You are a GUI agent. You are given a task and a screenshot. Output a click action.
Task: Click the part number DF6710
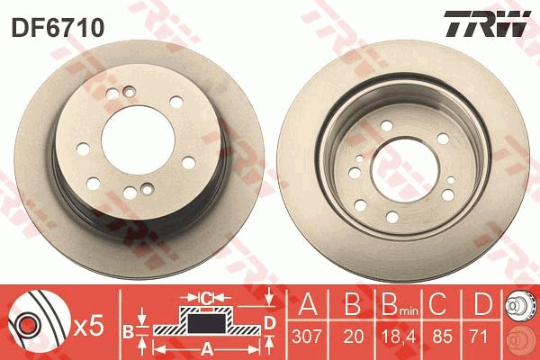click(58, 27)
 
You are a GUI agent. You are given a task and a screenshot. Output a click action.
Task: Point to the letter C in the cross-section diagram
click(205, 296)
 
